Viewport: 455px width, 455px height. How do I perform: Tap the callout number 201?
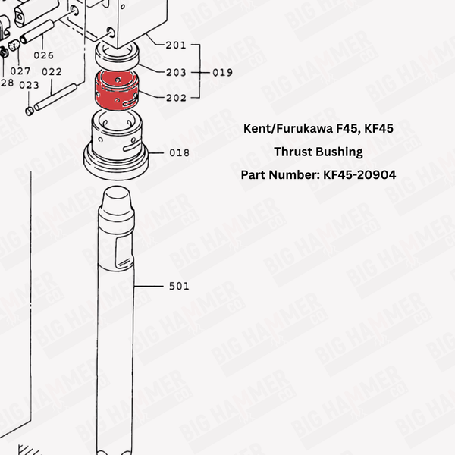click(175, 45)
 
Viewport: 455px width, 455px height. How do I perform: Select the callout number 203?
click(175, 72)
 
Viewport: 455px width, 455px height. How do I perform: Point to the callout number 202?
click(175, 98)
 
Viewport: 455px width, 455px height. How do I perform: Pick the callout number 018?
click(179, 152)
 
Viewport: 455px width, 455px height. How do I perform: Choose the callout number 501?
click(179, 287)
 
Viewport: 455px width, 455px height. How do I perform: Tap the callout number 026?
click(43, 55)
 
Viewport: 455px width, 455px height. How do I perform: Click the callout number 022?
click(52, 72)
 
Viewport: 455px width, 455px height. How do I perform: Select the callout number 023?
click(29, 85)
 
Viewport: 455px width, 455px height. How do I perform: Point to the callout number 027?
click(20, 71)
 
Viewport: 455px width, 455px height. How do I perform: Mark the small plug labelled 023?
click(30, 111)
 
